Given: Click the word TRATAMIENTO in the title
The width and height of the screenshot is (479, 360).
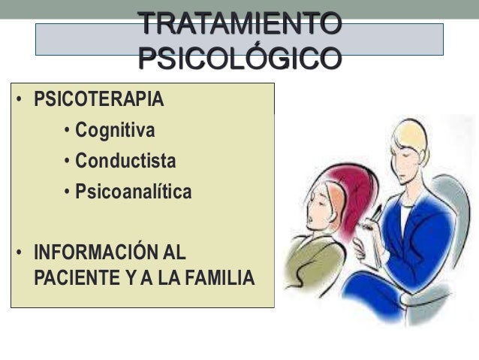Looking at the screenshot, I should tap(239, 24).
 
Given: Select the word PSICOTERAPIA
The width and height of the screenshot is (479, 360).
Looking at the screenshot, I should tap(98, 99).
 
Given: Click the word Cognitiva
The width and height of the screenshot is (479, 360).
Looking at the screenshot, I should tap(115, 131).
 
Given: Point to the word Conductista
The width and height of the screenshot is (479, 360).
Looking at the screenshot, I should tap(125, 162).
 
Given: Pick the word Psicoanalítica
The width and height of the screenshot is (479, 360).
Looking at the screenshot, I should tap(133, 192).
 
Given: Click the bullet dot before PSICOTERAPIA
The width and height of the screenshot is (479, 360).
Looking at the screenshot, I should tap(17, 100).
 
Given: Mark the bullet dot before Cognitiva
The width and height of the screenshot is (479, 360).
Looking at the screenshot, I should tap(68, 132).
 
